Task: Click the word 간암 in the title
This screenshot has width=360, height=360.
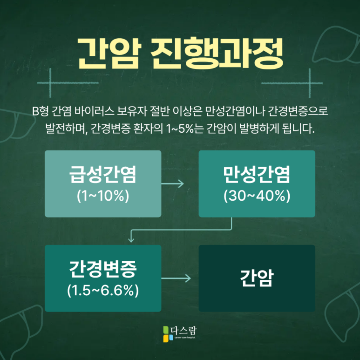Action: click(x=109, y=52)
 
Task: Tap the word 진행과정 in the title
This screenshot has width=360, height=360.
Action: click(x=217, y=52)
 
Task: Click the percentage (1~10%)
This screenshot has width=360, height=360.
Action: click(x=103, y=196)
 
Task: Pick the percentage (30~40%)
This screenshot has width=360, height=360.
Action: click(x=257, y=196)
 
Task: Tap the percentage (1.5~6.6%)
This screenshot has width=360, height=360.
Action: click(x=103, y=290)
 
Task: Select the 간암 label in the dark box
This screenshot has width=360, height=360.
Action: click(x=257, y=278)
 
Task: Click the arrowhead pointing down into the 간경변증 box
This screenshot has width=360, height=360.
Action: click(x=131, y=240)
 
